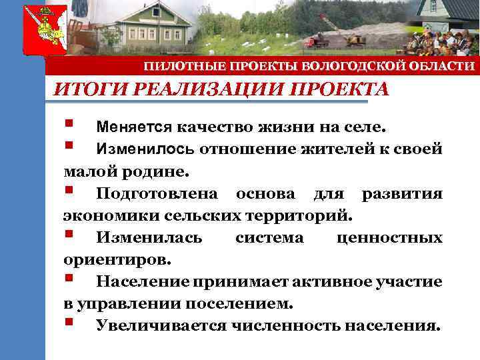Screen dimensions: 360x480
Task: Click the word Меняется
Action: coord(133,127)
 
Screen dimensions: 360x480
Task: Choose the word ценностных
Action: coord(390,238)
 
